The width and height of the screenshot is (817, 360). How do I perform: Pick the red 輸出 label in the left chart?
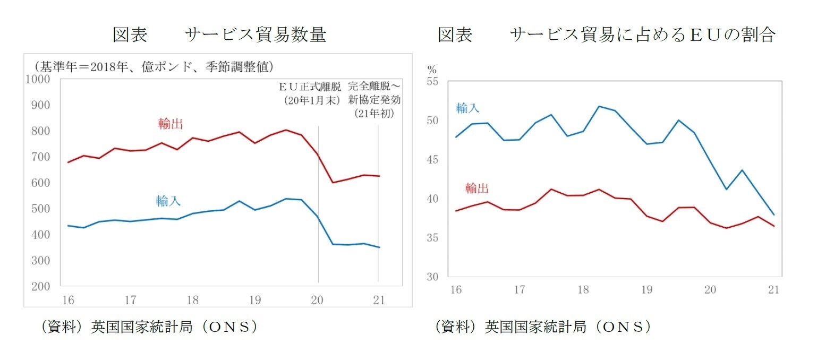point(171,124)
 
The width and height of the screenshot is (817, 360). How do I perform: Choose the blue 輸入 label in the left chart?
point(168,201)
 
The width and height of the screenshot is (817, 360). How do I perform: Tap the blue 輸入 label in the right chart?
point(468,108)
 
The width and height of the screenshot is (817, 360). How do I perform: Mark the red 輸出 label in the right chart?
point(476,188)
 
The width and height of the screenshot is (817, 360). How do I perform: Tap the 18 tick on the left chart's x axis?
point(192,300)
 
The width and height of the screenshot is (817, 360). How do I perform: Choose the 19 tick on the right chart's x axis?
point(646,290)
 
